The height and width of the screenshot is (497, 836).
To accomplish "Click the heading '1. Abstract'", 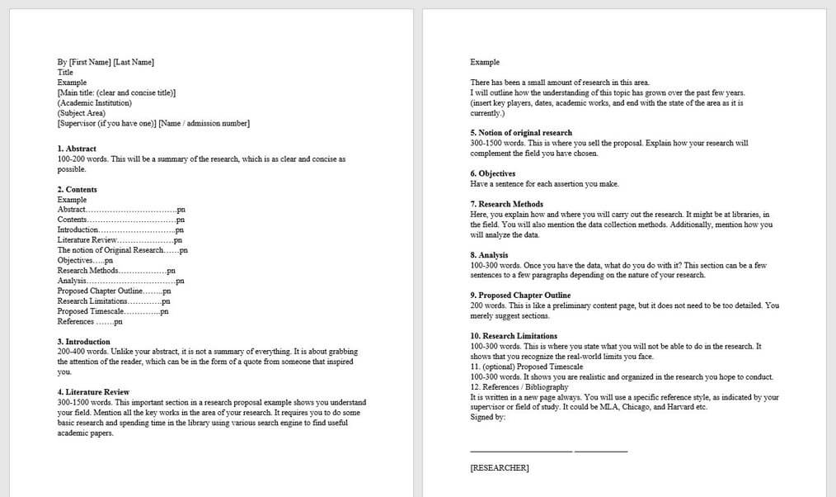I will (x=77, y=149).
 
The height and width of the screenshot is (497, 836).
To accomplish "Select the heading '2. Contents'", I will (x=77, y=189).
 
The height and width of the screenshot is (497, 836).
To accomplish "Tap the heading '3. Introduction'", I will (x=83, y=342).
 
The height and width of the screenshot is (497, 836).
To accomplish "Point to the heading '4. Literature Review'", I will (x=93, y=392).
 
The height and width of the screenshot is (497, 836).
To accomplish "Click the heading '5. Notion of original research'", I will (x=521, y=133).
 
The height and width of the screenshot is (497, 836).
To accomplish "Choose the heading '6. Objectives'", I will (x=493, y=173).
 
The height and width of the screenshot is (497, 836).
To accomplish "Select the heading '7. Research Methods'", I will (x=507, y=204).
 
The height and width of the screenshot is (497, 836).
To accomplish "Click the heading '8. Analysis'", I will (x=489, y=255).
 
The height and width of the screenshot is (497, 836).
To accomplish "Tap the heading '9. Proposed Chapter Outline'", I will (x=520, y=296).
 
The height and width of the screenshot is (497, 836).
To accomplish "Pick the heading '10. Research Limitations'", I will (x=514, y=336).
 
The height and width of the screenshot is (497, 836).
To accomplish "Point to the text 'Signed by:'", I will (x=488, y=417).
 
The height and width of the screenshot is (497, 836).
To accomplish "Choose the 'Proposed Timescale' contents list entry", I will (x=91, y=311).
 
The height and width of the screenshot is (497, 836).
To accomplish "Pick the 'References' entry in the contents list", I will (x=76, y=322).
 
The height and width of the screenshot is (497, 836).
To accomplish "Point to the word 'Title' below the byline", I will (x=65, y=73).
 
